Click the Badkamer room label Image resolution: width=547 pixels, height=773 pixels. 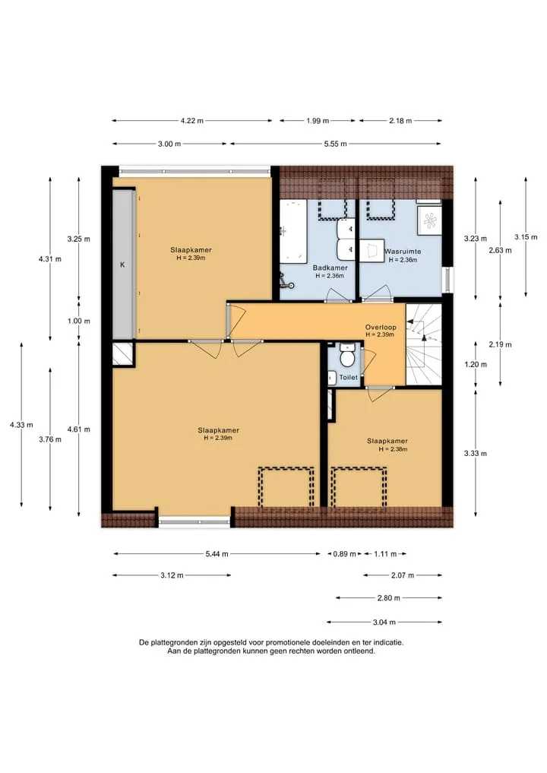(x=330, y=268)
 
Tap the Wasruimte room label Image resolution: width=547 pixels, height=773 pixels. (x=403, y=252)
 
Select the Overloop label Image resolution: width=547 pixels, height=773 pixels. (x=381, y=328)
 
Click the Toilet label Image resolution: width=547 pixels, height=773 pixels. (x=349, y=378)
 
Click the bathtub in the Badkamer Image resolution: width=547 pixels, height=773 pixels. (x=293, y=231)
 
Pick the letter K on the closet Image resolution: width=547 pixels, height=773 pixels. (x=122, y=265)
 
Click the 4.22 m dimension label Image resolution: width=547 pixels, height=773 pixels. (x=191, y=120)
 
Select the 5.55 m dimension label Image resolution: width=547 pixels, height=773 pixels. (x=335, y=144)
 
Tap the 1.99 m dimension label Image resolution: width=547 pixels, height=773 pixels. (x=318, y=120)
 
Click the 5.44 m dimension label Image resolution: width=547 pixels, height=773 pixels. (x=217, y=553)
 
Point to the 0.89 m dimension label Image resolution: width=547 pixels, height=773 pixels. (x=344, y=553)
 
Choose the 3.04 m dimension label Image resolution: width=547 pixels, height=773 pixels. (x=384, y=623)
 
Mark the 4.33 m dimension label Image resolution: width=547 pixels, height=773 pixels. (x=21, y=424)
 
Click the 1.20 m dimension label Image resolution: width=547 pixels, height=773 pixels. (x=476, y=364)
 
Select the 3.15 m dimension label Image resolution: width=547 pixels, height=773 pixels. (x=526, y=237)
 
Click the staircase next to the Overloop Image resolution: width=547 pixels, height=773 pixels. (x=424, y=344)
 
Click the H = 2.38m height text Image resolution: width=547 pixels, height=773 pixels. (x=393, y=449)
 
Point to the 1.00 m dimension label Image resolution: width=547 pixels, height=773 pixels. (x=79, y=321)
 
